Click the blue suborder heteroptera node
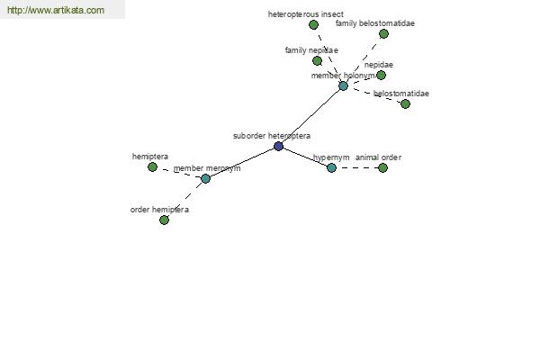[278, 146]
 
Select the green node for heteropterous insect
[313, 25]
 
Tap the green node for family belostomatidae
[383, 34]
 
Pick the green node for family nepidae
[317, 61]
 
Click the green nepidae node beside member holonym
[381, 75]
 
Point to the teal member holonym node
[344, 85]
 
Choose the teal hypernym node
[331, 167]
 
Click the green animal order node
[382, 167]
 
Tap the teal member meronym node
[205, 178]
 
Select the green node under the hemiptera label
[152, 167]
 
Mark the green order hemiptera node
[165, 220]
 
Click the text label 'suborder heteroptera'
[272, 136]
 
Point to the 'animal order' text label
[378, 157]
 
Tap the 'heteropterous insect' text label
[305, 14]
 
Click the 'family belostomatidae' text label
[375, 23]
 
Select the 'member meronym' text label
[207, 168]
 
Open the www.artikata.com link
[56, 10]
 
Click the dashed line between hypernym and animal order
[357, 167]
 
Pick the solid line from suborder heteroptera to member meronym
[242, 162]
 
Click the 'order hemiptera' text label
[159, 210]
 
